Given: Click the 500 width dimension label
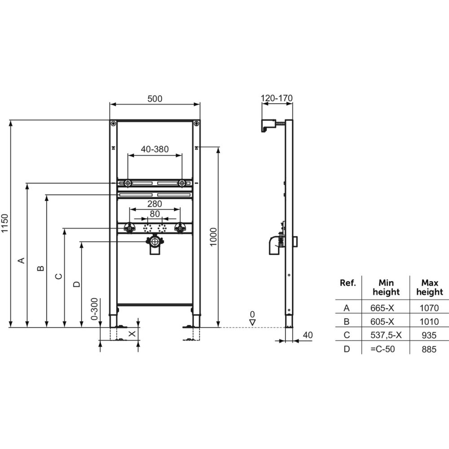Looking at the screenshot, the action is [x=154, y=98].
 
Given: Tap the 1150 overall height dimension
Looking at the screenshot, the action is [x=5, y=223].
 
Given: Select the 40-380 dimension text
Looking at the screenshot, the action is [x=154, y=149].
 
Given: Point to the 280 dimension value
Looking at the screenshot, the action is [x=154, y=204].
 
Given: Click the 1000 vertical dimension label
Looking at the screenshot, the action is [x=213, y=237].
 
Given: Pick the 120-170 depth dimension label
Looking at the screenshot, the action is [x=277, y=98].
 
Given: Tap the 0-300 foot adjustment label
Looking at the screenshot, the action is [x=94, y=309].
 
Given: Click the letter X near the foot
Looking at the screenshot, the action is [x=132, y=334].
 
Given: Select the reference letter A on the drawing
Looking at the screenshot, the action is [x=22, y=260].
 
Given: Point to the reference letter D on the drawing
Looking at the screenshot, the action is [x=77, y=284].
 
